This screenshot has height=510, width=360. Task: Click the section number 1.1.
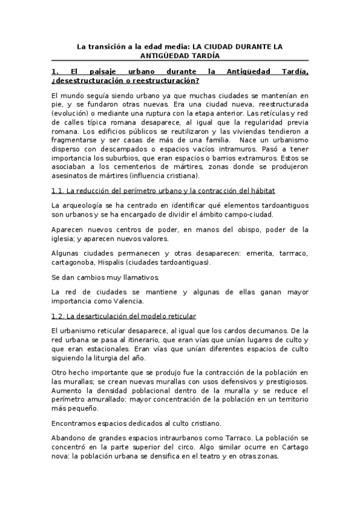(x=58, y=191)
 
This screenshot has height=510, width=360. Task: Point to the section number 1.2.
(x=58, y=316)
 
